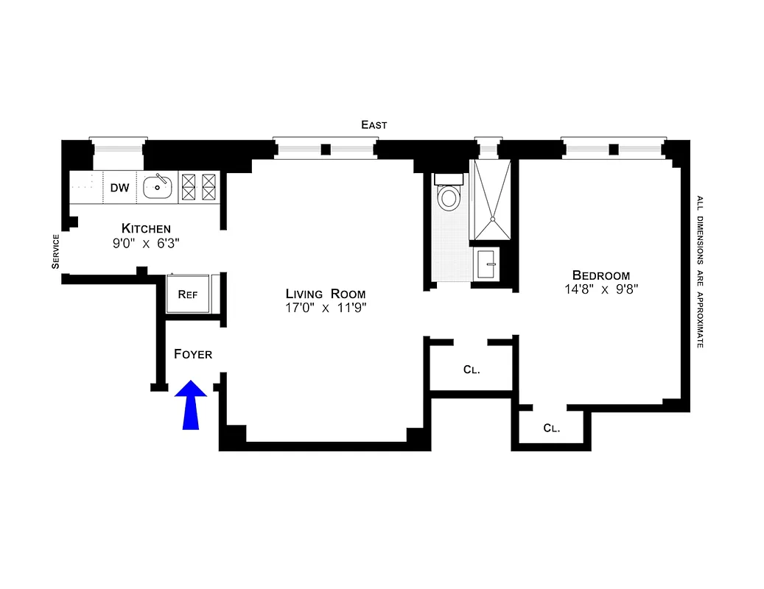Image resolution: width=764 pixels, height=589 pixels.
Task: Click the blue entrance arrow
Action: pyautogui.click(x=191, y=406)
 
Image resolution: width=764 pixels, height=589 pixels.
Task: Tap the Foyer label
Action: pyautogui.click(x=193, y=354)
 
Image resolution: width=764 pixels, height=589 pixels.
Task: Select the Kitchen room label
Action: pyautogui.click(x=146, y=228)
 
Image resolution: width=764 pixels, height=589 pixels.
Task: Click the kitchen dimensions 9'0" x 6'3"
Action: pyautogui.click(x=146, y=242)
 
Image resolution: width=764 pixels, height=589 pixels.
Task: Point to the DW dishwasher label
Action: pyautogui.click(x=119, y=188)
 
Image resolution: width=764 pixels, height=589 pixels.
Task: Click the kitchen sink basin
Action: pyautogui.click(x=158, y=188)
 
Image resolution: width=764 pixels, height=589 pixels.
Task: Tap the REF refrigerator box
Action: pyautogui.click(x=189, y=294)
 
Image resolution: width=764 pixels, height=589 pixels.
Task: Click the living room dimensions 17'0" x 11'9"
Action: pyautogui.click(x=326, y=308)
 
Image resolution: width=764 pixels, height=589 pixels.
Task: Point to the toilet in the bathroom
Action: pyautogui.click(x=448, y=196)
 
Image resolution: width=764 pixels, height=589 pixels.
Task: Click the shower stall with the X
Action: pyautogui.click(x=491, y=199)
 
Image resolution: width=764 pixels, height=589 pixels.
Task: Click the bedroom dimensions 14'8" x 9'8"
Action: pyautogui.click(x=600, y=289)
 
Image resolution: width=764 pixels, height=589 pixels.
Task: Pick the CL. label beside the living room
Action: pyautogui.click(x=472, y=370)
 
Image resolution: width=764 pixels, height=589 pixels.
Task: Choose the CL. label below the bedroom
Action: pyautogui.click(x=551, y=428)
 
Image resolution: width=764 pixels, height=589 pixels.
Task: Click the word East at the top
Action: pyautogui.click(x=374, y=125)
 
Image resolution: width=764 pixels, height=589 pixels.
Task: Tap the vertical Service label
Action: pyautogui.click(x=55, y=252)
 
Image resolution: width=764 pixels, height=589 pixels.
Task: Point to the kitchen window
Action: pyautogui.click(x=118, y=147)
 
